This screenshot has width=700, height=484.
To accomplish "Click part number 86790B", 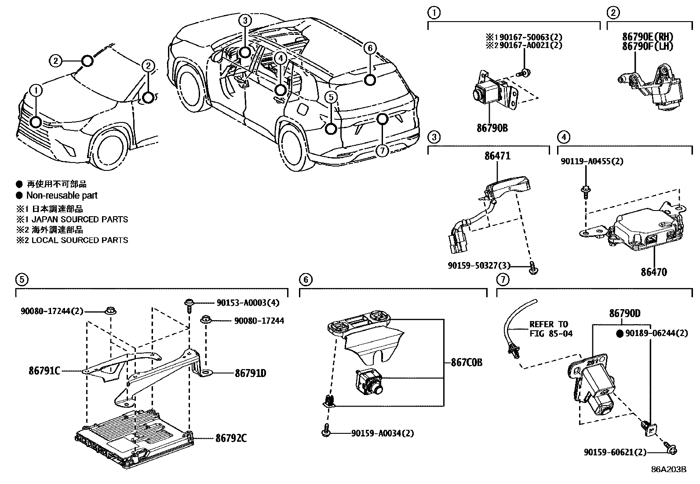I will coord(492,128).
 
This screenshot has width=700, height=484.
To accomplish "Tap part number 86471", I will coord(497,155).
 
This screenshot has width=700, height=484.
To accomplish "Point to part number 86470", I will coord(653,272).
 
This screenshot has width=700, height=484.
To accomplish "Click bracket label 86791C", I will coord(44,371).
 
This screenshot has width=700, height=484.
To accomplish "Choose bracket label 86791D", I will coord(250,373).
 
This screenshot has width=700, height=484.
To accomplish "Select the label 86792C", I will coord(231,438).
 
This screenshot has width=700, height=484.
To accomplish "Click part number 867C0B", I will coord(467,362).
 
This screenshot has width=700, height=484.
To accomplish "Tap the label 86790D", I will coord(624,314).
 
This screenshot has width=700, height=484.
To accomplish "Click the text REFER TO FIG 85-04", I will coord(551,329).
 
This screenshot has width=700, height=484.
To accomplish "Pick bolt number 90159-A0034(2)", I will coord(383,433).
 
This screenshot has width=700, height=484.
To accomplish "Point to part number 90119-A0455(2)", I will coord(592,161).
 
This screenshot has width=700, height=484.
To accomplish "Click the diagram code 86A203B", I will coord(669,469).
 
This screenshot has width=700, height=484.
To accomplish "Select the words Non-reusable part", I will coord(62,196).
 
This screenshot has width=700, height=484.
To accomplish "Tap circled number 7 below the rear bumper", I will coord(382,151).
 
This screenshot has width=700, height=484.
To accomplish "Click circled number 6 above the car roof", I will coord(370,48).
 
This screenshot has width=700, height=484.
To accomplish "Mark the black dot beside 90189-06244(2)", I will coord(620,334).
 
